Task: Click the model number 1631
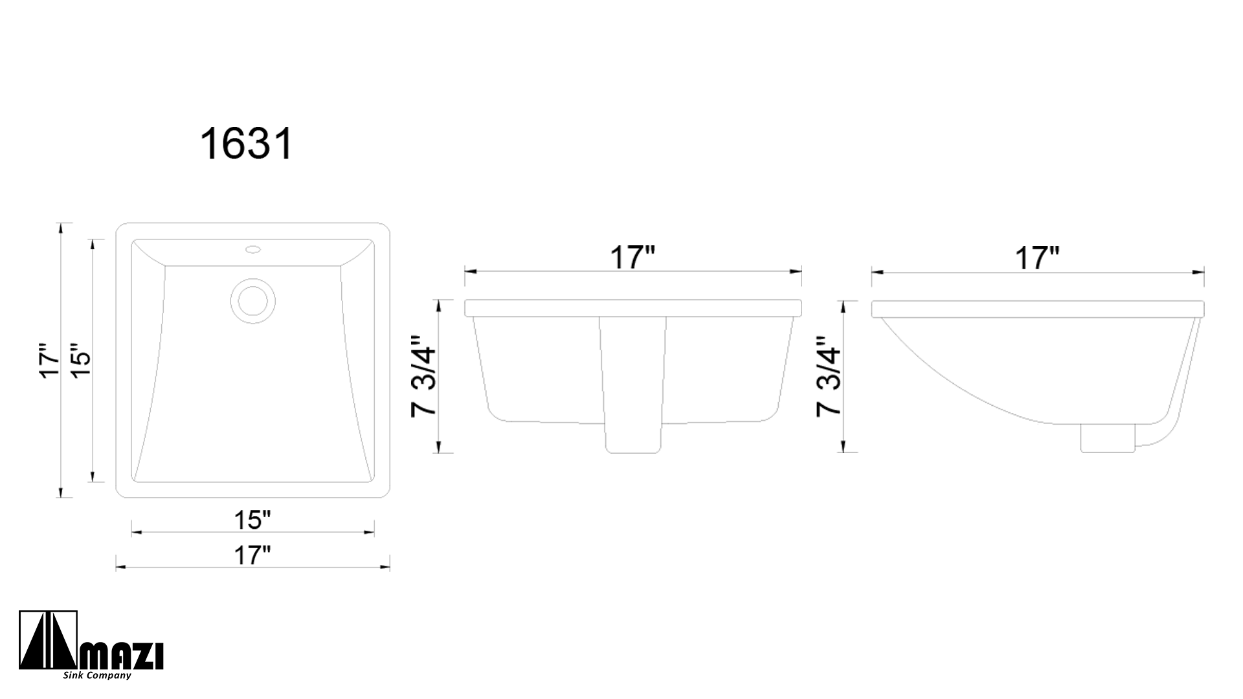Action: coord(247,144)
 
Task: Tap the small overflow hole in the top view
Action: coord(252,248)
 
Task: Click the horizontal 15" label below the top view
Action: coord(252,519)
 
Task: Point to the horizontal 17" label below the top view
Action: coord(252,555)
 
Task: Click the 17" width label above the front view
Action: coord(633,258)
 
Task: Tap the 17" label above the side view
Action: coord(1036,258)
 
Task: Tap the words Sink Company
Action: coord(97,676)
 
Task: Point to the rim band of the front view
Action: coord(633,308)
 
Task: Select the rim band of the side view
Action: coord(1036,309)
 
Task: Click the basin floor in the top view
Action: coord(252,401)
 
